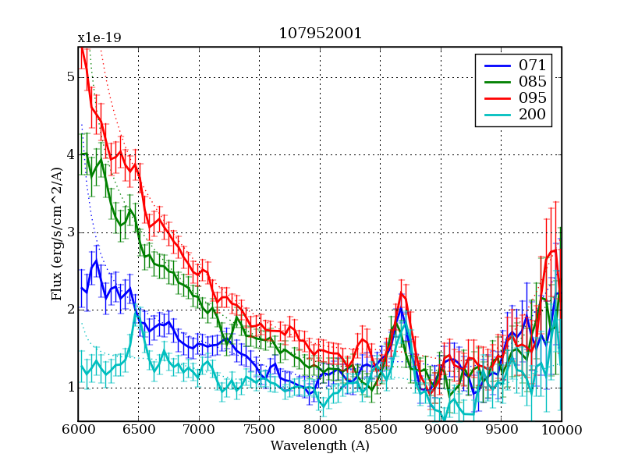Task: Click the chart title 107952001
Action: (x=320, y=34)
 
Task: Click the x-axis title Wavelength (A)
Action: (x=320, y=446)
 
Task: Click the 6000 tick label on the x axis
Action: (x=78, y=430)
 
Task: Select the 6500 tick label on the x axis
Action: (x=139, y=430)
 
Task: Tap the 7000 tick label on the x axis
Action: (x=199, y=430)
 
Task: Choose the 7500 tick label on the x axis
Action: (x=260, y=430)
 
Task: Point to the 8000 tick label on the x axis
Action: (x=320, y=430)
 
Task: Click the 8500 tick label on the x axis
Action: (x=381, y=430)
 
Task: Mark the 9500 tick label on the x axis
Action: (x=502, y=430)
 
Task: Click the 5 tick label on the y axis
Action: (x=70, y=77)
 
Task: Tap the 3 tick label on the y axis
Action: (x=70, y=232)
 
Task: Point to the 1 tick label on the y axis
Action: (x=70, y=388)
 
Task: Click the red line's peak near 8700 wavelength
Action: (x=402, y=293)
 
